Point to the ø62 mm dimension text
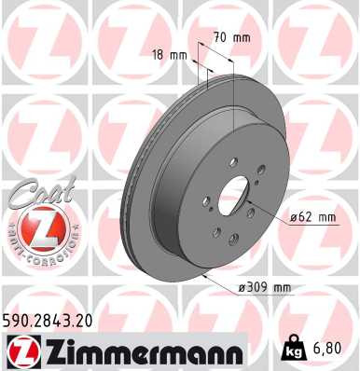point(312,217)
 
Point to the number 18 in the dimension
point(159,55)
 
